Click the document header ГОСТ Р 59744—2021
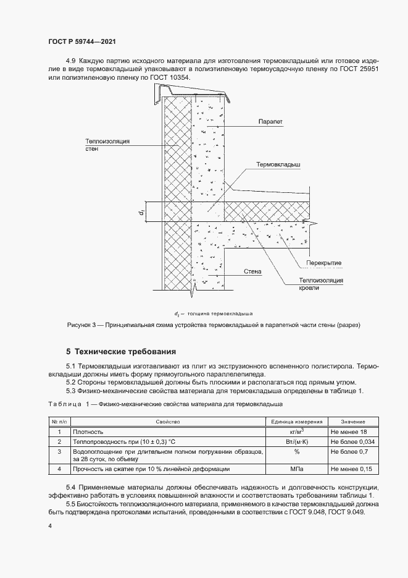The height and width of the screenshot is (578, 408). (x=81, y=42)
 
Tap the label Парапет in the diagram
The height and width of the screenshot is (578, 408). (x=270, y=122)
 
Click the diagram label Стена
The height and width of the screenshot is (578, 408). (x=252, y=271)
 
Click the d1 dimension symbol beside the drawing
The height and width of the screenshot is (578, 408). (x=141, y=212)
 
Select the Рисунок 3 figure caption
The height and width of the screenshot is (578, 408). (x=213, y=325)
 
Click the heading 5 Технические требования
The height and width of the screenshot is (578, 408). (x=121, y=351)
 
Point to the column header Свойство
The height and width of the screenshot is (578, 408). (x=167, y=421)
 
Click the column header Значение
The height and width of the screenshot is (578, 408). (x=352, y=421)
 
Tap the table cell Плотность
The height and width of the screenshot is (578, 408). (x=88, y=431)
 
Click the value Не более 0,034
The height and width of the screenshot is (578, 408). (x=353, y=442)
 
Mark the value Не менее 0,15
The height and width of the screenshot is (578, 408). (x=352, y=470)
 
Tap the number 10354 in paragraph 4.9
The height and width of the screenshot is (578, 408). (x=178, y=78)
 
